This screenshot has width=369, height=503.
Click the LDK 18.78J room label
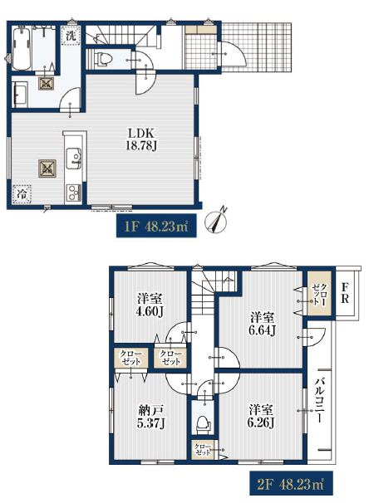pos(141,139)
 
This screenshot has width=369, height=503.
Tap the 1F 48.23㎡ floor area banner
pos(156,226)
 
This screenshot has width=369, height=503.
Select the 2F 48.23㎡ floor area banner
pos(291,483)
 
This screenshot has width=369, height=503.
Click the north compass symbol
pos(216,222)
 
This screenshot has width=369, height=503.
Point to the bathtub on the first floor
pos(22,48)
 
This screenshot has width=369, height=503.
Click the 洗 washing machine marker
pos(71,36)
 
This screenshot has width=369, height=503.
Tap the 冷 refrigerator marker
pos(22,194)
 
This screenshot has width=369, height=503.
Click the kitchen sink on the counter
pos(73,159)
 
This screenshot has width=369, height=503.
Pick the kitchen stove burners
pos(73,193)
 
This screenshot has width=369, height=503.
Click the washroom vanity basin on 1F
pos(20,95)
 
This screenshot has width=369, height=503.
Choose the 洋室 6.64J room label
pos(262,324)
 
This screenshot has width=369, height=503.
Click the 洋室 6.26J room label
pos(261,416)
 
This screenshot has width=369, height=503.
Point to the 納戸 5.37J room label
pos(151,417)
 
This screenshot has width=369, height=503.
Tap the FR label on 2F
pos(345,292)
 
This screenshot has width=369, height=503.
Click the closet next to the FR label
pos(319,294)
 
